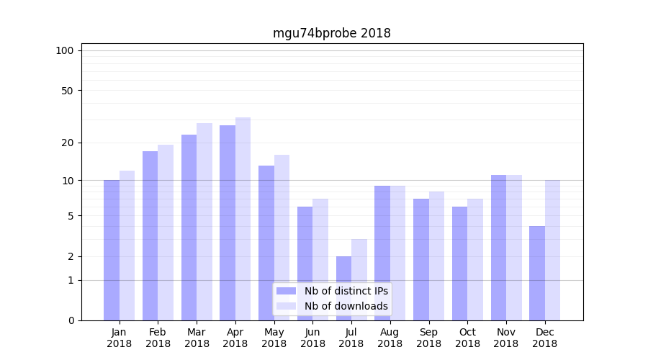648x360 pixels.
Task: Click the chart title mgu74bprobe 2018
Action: click(331, 33)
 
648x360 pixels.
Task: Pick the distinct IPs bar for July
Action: click(343, 288)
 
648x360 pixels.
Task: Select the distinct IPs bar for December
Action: click(537, 273)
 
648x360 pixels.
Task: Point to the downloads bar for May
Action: click(282, 238)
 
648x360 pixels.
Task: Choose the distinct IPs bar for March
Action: click(189, 228)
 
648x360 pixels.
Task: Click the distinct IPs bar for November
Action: click(498, 248)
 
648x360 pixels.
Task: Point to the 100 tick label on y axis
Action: click(65, 50)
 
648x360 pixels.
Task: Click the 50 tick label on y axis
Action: click(67, 91)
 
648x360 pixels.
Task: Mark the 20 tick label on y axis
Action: click(67, 143)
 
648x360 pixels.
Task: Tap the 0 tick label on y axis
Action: click(71, 320)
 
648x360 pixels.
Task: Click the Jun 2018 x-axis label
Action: click(312, 338)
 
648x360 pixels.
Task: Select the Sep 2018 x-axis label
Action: click(428, 338)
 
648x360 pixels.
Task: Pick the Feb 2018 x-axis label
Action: click(158, 338)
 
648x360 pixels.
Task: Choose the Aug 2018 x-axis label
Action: click(390, 338)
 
